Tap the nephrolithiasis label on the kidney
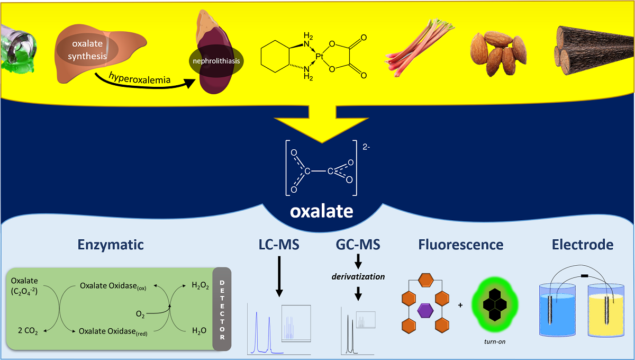click(x=215, y=61)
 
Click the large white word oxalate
click(x=321, y=212)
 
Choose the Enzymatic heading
click(x=111, y=245)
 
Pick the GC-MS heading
click(x=358, y=245)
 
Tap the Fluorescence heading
click(x=460, y=245)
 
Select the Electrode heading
click(x=583, y=245)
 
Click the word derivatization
click(x=358, y=276)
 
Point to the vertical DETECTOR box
click(x=222, y=309)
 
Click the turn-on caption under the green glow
click(x=495, y=341)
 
